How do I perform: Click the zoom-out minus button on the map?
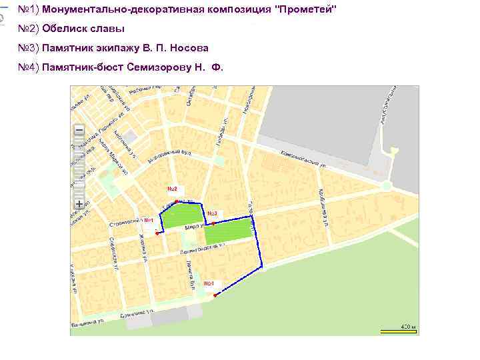(x=79, y=130)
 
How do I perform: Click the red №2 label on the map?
(x=171, y=189)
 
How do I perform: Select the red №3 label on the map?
(x=213, y=213)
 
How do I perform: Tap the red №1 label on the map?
(x=147, y=221)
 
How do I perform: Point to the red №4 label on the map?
(x=209, y=284)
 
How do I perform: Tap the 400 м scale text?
(x=407, y=326)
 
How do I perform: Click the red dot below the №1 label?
(x=157, y=233)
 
